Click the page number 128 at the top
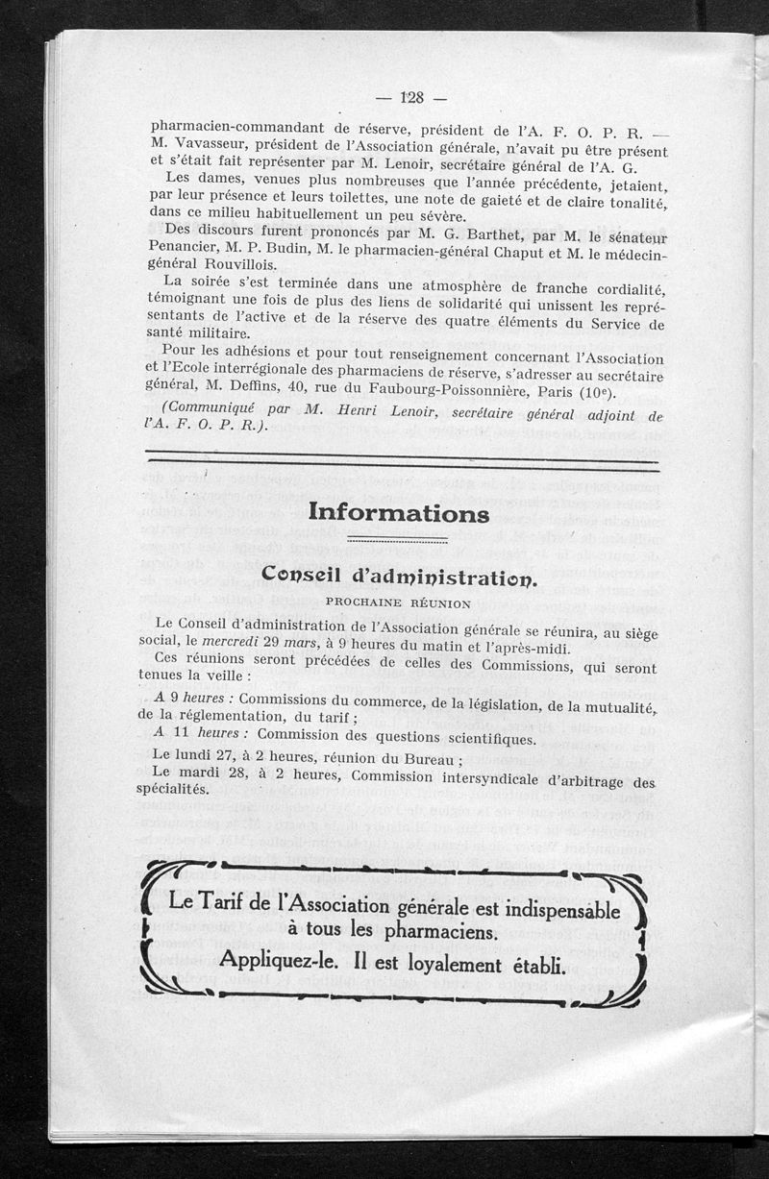pyautogui.click(x=411, y=96)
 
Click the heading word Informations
pyautogui.click(x=401, y=514)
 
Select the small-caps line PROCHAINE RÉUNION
pyautogui.click(x=398, y=603)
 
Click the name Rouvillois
pyautogui.click(x=237, y=264)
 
